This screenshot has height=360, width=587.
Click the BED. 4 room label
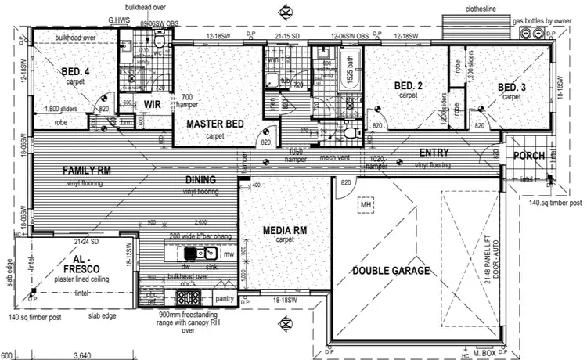pos(76,72)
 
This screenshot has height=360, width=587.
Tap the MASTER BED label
pos(215,124)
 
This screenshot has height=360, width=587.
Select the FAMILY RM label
pos(86,170)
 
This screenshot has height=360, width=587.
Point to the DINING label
pos(200,180)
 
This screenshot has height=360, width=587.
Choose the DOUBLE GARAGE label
pos(391,271)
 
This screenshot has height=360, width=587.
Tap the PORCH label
pos(528,156)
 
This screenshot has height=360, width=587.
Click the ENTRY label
pos(434,153)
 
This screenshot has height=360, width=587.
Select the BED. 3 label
pos(511,86)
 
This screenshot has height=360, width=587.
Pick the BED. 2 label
pos(408,85)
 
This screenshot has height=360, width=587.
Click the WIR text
pos(152,103)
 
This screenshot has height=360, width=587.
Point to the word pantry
pos(225,298)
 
